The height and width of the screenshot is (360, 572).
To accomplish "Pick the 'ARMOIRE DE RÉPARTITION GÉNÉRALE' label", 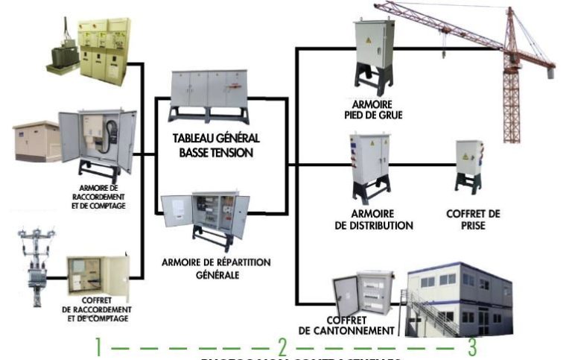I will coord(215,268).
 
